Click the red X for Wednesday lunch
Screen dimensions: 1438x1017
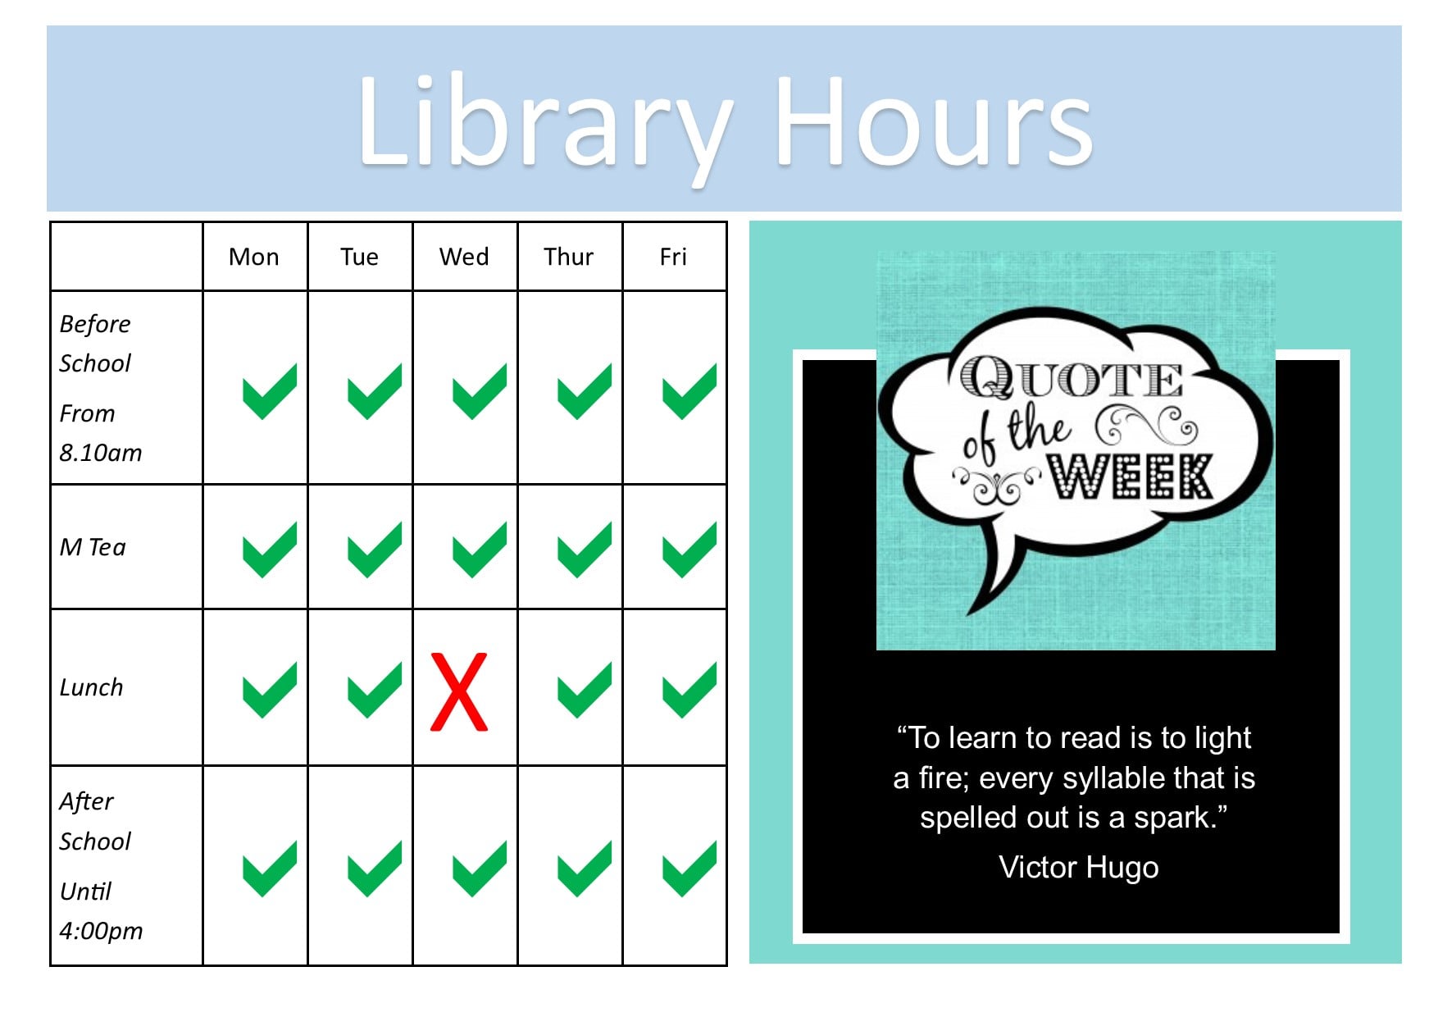(x=459, y=691)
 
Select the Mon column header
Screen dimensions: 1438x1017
(x=254, y=257)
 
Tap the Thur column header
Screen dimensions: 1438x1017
(x=568, y=257)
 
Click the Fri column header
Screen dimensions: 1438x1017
(x=673, y=257)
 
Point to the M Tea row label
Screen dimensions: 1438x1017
(x=93, y=547)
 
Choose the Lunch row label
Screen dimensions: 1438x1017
(x=91, y=687)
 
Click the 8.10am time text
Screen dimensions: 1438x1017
(x=101, y=453)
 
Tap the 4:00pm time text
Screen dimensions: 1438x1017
(x=101, y=931)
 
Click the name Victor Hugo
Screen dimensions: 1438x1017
(x=1079, y=867)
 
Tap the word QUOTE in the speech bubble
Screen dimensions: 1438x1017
(x=1072, y=378)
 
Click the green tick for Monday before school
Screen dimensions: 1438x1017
(x=270, y=391)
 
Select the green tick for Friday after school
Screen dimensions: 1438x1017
(x=689, y=869)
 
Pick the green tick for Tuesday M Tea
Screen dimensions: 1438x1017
(x=375, y=550)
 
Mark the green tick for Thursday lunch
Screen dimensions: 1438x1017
(x=585, y=691)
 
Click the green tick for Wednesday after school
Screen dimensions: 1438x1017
(x=480, y=869)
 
